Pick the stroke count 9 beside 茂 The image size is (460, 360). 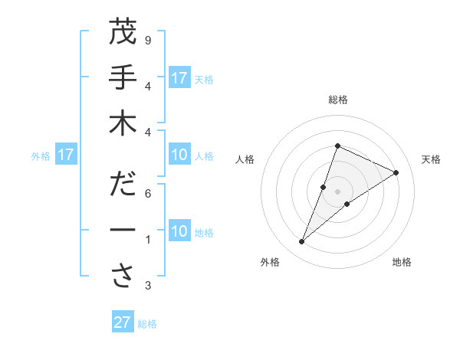click(147, 40)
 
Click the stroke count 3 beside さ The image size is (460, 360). click(147, 286)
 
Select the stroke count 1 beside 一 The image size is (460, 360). click(147, 240)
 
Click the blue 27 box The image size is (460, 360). click(123, 322)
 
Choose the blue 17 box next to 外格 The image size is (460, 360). click(65, 155)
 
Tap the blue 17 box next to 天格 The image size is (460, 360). click(179, 78)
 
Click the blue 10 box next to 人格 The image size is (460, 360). click(179, 155)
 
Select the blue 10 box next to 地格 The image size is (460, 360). click(179, 231)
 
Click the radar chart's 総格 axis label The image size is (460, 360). click(337, 100)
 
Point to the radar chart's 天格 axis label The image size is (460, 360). click(431, 159)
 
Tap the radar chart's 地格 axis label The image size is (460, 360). click(402, 262)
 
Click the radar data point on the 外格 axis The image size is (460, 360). click(302, 242)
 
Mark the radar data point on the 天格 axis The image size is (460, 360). click(396, 172)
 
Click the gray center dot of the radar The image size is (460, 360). click(337, 191)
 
